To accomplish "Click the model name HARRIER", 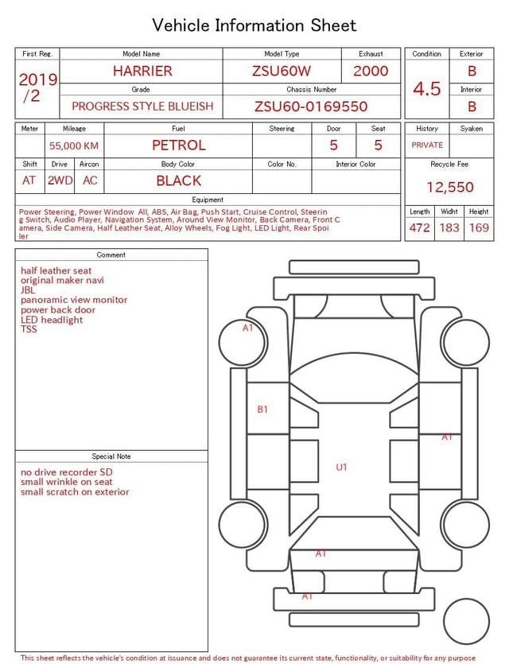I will [142, 71].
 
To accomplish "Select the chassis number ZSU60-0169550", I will [311, 107].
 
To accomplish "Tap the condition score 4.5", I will [427, 88].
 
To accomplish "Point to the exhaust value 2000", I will [371, 71].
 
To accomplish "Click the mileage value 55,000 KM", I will [74, 146].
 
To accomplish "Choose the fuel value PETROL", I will [178, 146].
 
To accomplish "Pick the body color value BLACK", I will [178, 181].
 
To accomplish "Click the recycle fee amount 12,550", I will [450, 188].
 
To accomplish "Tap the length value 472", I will [419, 227].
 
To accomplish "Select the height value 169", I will [479, 227].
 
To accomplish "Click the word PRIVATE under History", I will [427, 146].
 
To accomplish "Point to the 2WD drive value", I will [60, 181].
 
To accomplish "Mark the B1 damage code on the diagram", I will [262, 410].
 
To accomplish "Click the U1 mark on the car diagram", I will [341, 468].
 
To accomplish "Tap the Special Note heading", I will [111, 456].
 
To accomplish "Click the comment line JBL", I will [28, 290].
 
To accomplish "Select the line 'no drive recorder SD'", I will [67, 472].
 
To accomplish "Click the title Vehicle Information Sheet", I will [254, 25].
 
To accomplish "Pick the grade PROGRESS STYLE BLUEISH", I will [142, 107].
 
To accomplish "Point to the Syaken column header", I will [471, 128].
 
